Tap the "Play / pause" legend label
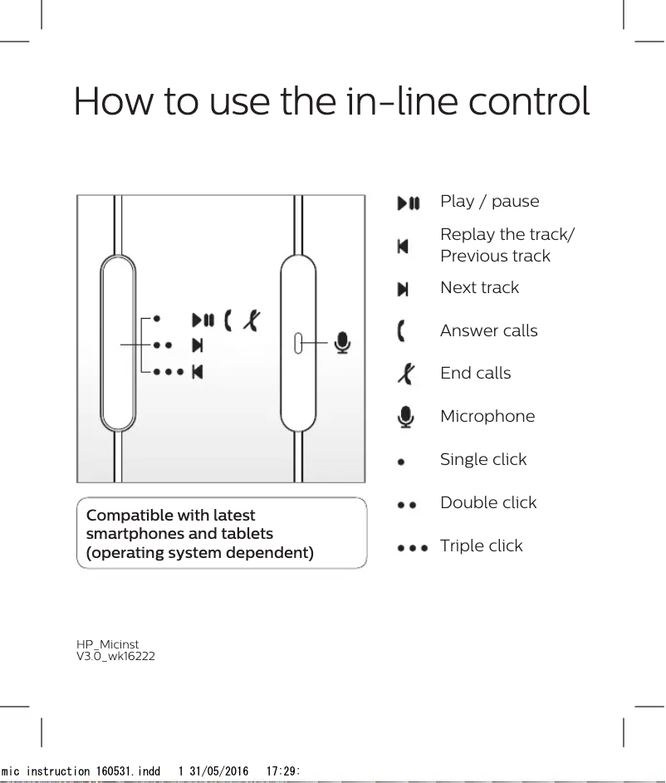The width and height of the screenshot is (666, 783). [489, 202]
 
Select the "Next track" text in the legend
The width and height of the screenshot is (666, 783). [479, 287]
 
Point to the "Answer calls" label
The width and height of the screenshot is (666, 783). [488, 330]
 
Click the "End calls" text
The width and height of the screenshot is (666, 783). [475, 373]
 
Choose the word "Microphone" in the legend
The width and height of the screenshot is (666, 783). [487, 416]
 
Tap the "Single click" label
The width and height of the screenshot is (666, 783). [482, 459]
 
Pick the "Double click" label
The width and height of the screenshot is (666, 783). [487, 502]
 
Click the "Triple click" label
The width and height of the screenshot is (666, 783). [481, 546]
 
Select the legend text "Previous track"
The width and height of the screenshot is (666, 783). [495, 256]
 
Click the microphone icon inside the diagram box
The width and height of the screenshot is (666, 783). [341, 342]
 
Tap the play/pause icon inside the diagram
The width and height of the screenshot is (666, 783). [203, 320]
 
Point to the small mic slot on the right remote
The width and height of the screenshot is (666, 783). [299, 343]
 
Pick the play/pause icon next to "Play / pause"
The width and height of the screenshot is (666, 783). [409, 203]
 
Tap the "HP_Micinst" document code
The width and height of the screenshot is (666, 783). [107, 645]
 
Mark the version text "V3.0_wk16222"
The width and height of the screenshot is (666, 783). [115, 657]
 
